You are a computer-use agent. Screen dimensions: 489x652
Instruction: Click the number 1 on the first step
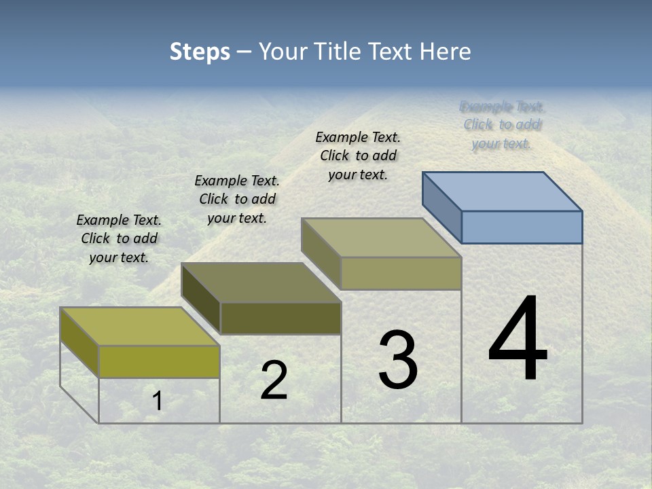pos(157,401)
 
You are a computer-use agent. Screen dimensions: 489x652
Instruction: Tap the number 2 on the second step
pos(274,380)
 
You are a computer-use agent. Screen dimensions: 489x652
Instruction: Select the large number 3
pos(398,360)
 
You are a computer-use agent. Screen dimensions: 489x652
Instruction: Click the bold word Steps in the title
pos(200,52)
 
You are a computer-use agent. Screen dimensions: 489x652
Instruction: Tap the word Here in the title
pos(445,52)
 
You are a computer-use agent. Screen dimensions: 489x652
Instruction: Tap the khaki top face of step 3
pos(382,238)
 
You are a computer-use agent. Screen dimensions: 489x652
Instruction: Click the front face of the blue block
pos(522,227)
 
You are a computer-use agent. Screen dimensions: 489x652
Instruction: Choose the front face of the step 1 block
pos(159,361)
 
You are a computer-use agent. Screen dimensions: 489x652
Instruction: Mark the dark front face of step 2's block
pos(280,318)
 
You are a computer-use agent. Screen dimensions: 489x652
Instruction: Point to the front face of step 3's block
pos(401,273)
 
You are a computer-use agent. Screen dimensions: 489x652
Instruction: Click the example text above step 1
pos(119,238)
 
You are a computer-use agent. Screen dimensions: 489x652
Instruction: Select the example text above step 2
pos(237,199)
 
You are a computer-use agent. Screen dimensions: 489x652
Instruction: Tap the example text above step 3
pos(358,156)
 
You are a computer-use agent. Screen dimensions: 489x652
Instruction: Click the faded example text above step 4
pos(502,125)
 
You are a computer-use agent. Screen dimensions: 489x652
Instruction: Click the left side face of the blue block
pos(441,207)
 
